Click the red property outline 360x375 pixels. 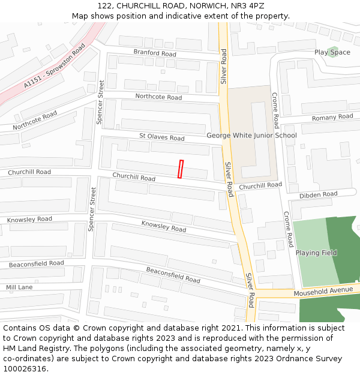180,169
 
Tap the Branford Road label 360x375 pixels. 155,53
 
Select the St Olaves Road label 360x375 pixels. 162,137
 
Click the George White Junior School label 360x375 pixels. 251,136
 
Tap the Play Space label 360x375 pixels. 332,52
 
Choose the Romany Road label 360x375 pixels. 332,117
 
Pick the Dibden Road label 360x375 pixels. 318,194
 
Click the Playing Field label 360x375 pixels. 316,253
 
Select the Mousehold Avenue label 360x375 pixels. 323,291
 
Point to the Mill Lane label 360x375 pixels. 19,288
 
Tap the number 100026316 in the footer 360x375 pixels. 25,369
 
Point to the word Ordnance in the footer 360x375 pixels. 303,359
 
